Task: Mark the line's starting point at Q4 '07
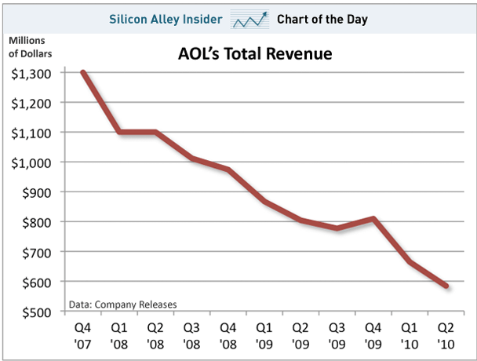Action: tap(83, 72)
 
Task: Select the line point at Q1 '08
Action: tap(119, 132)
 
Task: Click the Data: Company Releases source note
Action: tap(122, 304)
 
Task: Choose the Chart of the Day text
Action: tap(322, 18)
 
